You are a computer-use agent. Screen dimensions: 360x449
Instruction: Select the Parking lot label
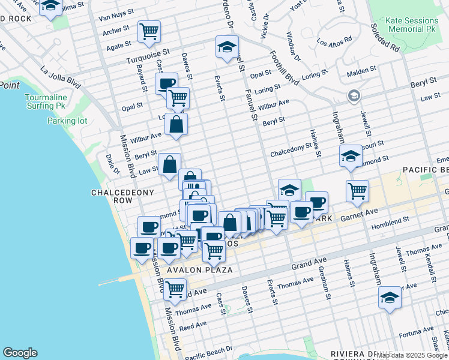(67, 121)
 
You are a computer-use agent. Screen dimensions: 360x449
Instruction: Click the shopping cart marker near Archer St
(149, 30)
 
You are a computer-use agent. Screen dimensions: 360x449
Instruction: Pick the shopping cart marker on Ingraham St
(357, 190)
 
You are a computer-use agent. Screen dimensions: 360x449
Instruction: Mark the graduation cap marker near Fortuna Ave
(390, 298)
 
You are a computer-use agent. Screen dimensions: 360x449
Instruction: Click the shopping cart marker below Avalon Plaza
(175, 289)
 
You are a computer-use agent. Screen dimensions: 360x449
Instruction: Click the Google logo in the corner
(20, 353)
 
